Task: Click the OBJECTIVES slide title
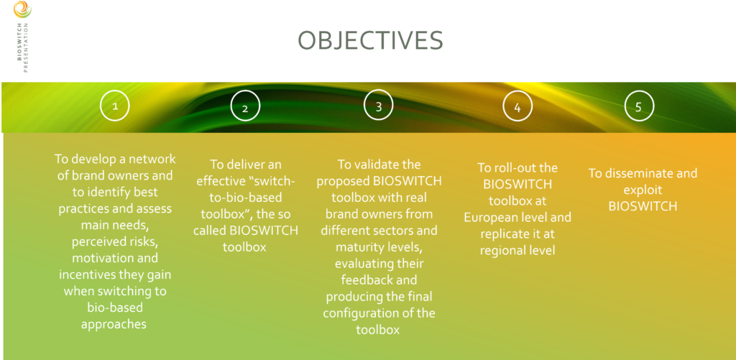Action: (370, 41)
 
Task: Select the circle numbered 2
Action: (245, 106)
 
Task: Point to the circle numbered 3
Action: (378, 106)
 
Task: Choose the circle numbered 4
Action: (517, 106)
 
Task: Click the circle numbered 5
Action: (639, 106)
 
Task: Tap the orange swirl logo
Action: (22, 9)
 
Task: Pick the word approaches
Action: (114, 324)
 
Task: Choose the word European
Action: (489, 217)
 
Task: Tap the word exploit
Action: (643, 190)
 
